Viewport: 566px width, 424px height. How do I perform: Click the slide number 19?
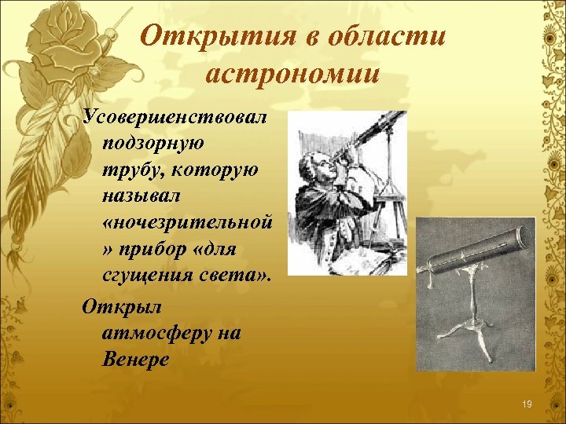click(x=527, y=404)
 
